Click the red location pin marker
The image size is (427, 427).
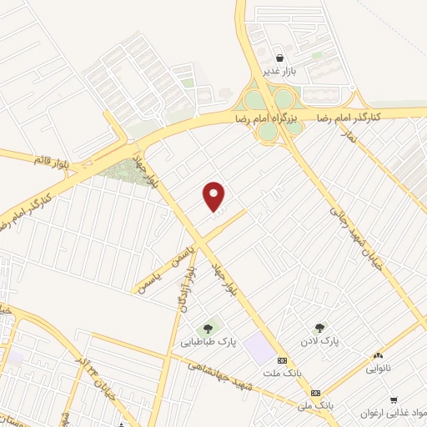(214, 196)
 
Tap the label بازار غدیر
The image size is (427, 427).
(280, 73)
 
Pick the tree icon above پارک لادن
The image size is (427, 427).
(319, 329)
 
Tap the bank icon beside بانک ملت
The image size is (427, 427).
(282, 360)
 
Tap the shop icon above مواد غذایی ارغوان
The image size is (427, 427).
(393, 399)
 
